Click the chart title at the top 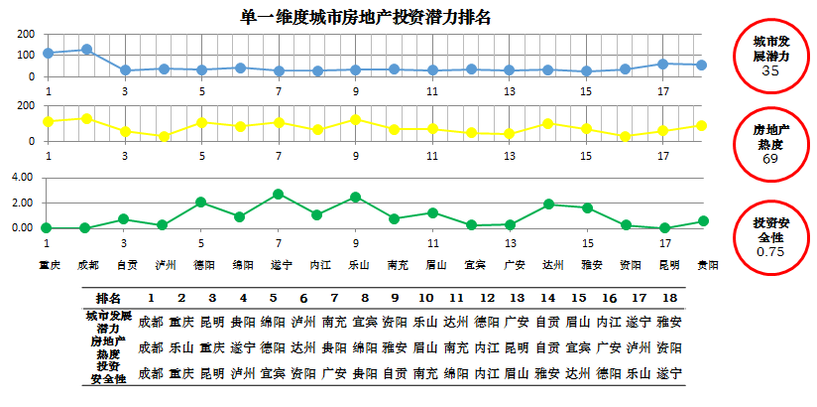pyautogui.click(x=366, y=17)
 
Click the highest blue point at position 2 pyautogui.click(x=86, y=49)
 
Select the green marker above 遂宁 pyautogui.click(x=279, y=194)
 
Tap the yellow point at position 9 pyautogui.click(x=355, y=119)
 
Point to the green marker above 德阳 pyautogui.click(x=201, y=202)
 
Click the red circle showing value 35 pyautogui.click(x=770, y=57)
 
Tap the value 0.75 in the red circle pyautogui.click(x=770, y=252)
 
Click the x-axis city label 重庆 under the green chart pyautogui.click(x=48, y=265)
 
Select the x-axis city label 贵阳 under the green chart pyautogui.click(x=707, y=265)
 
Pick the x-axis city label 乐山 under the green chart pyautogui.click(x=357, y=265)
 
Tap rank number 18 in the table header pyautogui.click(x=669, y=298)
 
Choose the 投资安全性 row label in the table pyautogui.click(x=107, y=372)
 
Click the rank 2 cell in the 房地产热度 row pyautogui.click(x=180, y=347)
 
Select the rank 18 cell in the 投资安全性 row pyautogui.click(x=669, y=372)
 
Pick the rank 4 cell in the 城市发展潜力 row pyautogui.click(x=242, y=322)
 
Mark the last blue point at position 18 pyautogui.click(x=702, y=66)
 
